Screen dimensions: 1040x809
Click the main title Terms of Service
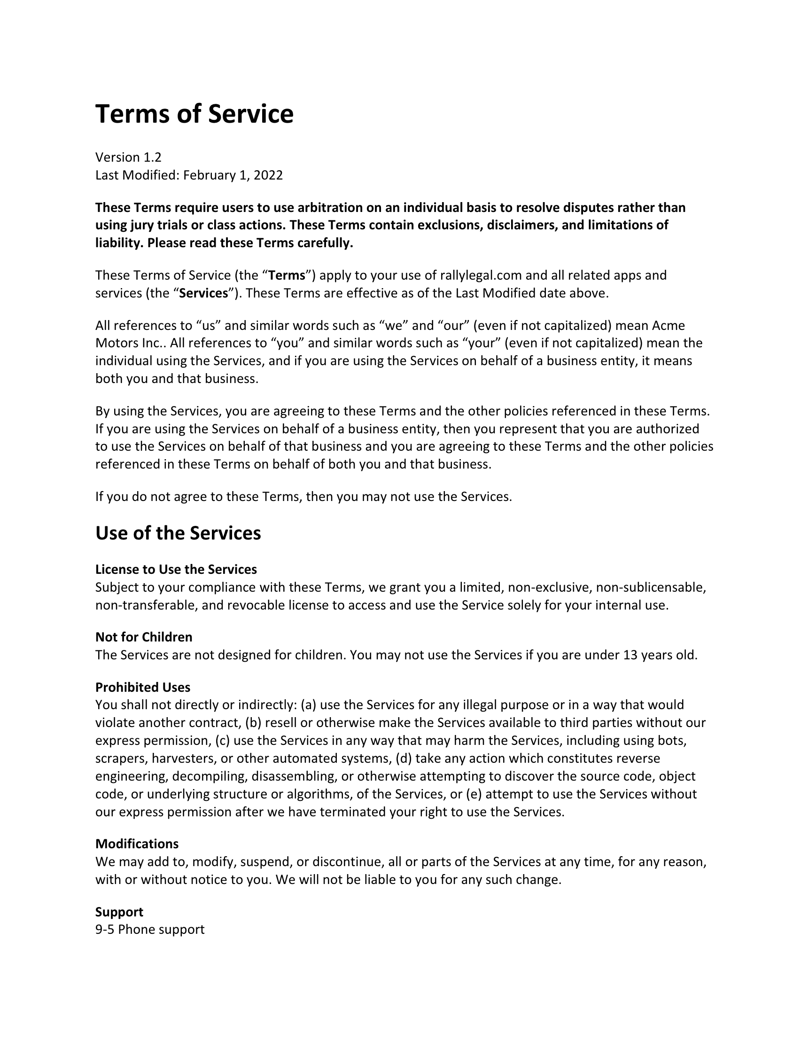coord(194,114)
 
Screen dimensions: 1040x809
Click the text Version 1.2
coord(128,157)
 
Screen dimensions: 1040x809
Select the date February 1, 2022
coord(233,175)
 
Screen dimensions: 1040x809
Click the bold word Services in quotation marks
coord(203,293)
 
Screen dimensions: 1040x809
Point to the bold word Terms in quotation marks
coord(287,275)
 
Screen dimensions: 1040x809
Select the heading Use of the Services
coord(178,533)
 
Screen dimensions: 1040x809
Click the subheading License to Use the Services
coord(176,569)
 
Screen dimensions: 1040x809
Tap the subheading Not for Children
coord(144,637)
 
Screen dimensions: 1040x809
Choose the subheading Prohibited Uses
coord(142,687)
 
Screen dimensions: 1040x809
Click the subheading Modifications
coord(137,844)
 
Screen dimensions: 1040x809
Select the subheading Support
coord(119,911)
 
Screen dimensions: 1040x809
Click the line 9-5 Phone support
coord(149,929)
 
